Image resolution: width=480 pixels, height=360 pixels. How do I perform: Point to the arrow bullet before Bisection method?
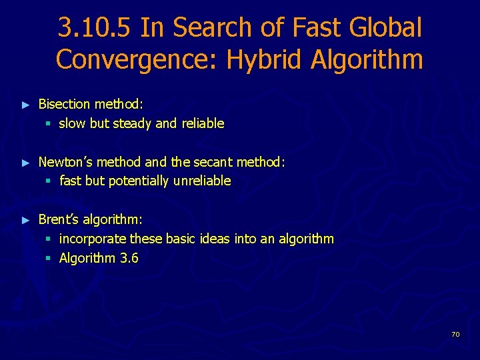pos(26,105)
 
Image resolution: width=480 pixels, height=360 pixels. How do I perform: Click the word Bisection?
pos(64,104)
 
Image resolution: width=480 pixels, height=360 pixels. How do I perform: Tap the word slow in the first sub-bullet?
pos(72,123)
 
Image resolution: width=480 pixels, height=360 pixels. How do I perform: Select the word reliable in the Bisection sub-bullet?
pos(203,123)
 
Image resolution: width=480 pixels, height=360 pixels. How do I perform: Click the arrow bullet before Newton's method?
pos(26,162)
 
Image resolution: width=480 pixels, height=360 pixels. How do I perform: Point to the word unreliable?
pos(202,181)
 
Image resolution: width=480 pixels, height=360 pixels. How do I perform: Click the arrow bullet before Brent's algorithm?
pos(26,220)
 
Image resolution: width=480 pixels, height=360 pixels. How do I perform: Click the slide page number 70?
pos(455,334)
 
